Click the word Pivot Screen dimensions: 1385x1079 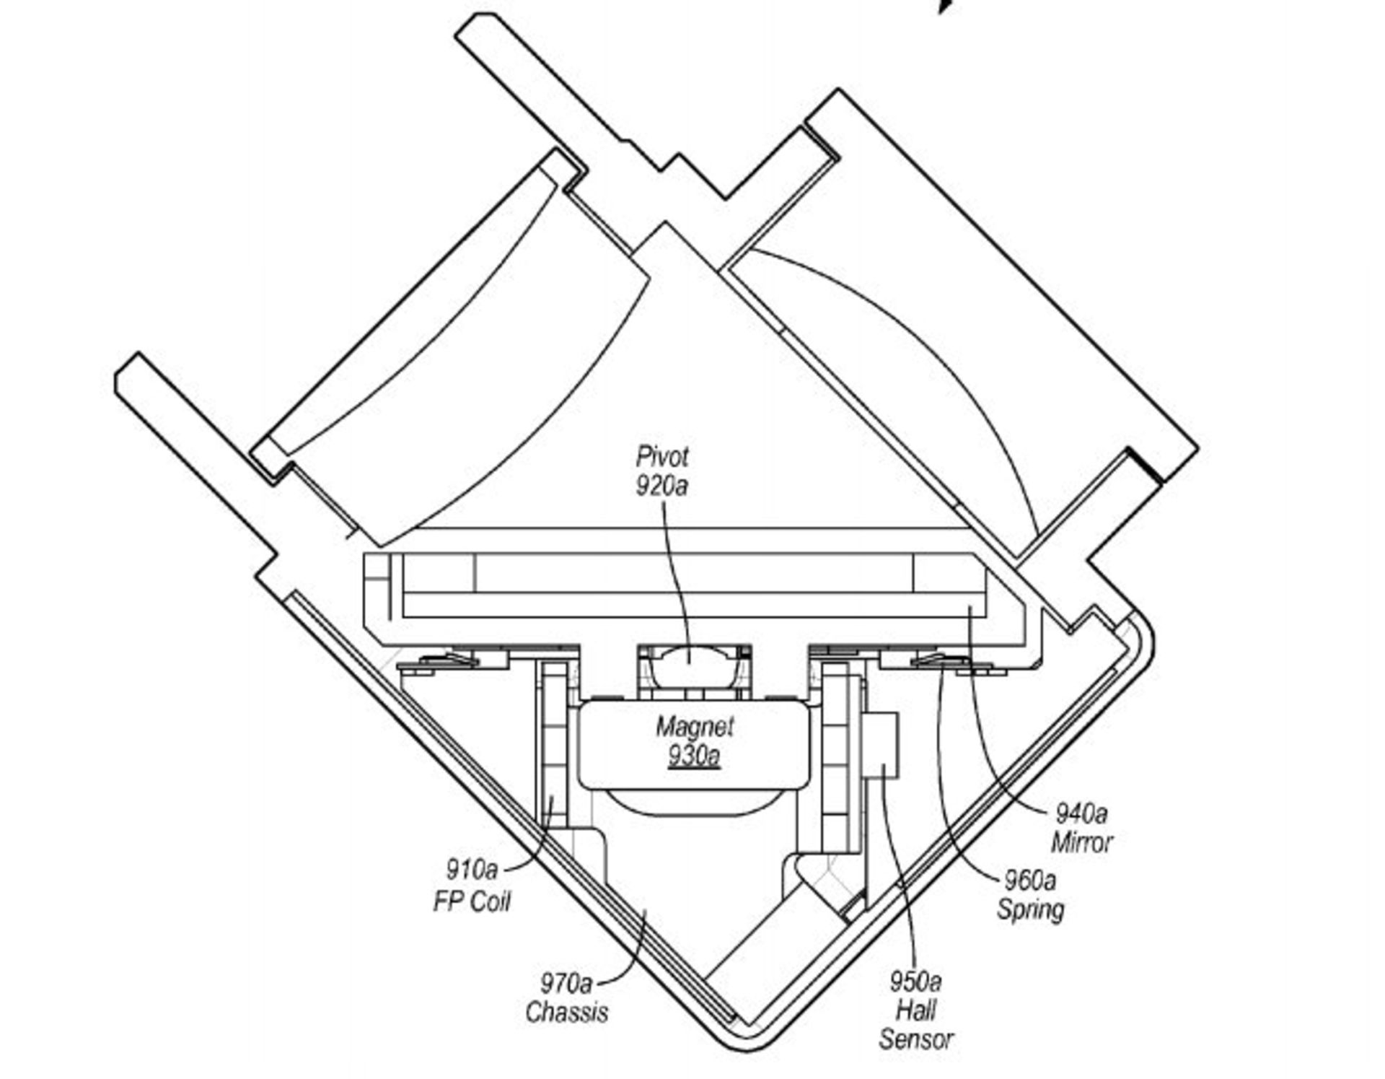coord(662,456)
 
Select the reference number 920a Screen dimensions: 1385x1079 coord(661,485)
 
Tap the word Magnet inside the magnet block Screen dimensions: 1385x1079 coord(694,726)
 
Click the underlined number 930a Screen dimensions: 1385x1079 coord(694,755)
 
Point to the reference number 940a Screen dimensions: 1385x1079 coord(1081,813)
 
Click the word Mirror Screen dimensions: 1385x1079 coord(1081,842)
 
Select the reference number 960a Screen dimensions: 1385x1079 coord(1030,880)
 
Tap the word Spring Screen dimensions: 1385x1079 coord(1030,909)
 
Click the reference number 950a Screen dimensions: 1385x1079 coord(915,981)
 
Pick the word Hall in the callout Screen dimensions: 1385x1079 coord(916,1010)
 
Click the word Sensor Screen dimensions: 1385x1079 coord(916,1039)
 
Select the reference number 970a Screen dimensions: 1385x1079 coord(566,982)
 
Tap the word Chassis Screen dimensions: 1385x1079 coord(566,1012)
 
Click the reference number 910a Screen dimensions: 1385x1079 coord(472,869)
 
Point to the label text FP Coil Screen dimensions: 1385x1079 coord(472,901)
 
